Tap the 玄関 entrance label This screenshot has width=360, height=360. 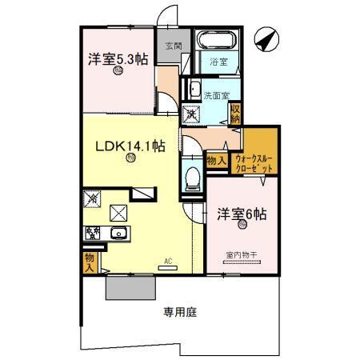point(174,46)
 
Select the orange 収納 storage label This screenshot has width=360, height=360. point(235,112)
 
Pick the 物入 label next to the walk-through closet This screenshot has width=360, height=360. point(215,161)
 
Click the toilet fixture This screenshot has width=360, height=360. point(193,178)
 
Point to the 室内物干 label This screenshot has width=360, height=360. point(239,254)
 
